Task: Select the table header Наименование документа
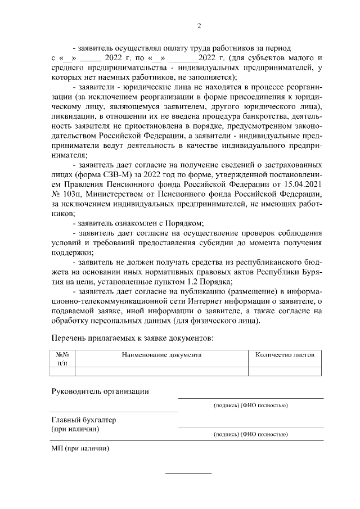tap(161, 355)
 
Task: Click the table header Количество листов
tap(285, 355)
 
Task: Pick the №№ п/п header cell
tap(62, 359)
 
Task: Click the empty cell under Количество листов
tap(285, 371)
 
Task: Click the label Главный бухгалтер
tap(83, 420)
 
